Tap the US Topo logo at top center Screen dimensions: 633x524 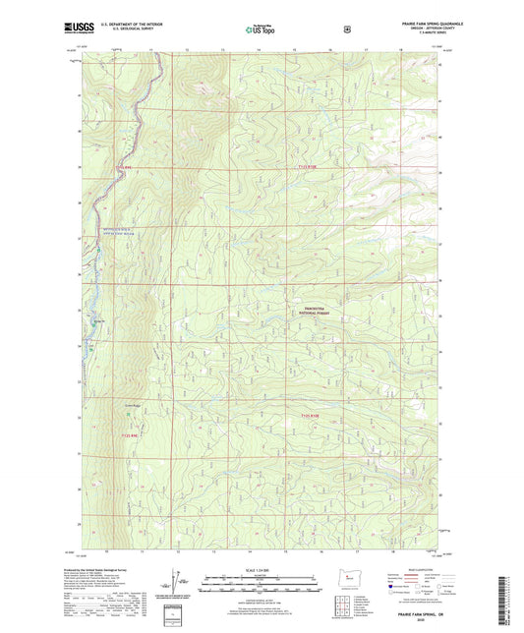261,29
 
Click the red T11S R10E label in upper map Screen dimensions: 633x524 308,168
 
